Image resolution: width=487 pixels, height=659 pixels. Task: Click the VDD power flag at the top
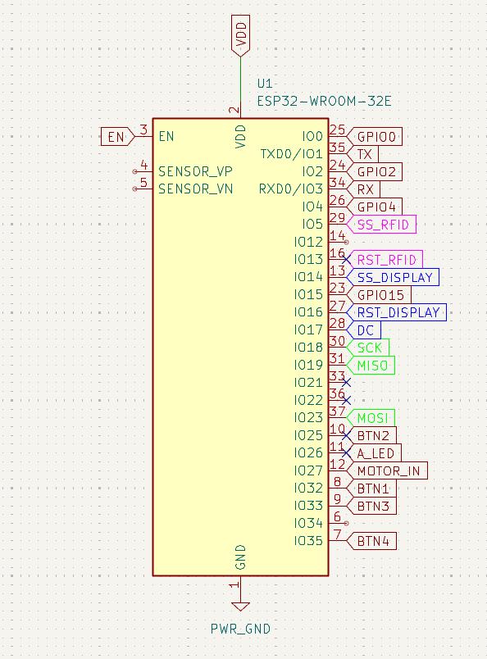[240, 36]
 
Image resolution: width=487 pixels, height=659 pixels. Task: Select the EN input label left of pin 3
[117, 137]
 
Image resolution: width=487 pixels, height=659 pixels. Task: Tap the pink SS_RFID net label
[381, 225]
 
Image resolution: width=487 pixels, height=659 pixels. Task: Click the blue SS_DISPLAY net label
[393, 277]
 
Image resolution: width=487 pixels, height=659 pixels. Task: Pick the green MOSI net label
[371, 418]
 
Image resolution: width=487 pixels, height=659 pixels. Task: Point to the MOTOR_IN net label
[387, 470]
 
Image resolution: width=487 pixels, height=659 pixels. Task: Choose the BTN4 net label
[371, 541]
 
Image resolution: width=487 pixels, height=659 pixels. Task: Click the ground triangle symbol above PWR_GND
[240, 607]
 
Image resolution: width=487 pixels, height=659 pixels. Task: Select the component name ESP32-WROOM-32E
[324, 102]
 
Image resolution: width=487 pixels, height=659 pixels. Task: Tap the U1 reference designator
[265, 84]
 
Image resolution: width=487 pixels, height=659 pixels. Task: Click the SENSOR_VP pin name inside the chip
[195, 171]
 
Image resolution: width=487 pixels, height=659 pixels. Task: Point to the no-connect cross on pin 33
[346, 383]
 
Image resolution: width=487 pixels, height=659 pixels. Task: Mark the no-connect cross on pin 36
[346, 400]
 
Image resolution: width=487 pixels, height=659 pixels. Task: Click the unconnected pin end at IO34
[346, 523]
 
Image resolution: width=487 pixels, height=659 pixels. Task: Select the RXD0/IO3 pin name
[290, 189]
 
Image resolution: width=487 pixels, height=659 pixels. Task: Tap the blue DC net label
[364, 330]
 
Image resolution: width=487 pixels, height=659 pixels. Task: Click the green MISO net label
[371, 366]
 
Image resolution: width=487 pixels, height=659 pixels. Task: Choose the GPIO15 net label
[379, 294]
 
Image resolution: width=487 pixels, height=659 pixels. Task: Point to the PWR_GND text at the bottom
[240, 629]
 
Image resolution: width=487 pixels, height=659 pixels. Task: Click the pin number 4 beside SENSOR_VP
[143, 165]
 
